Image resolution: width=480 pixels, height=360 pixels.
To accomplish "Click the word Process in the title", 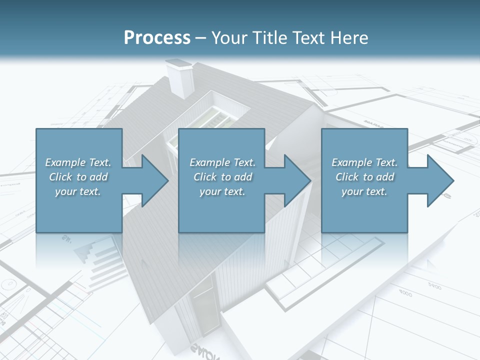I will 157,38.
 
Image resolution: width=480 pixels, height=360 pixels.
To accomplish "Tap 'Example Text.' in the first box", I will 78,162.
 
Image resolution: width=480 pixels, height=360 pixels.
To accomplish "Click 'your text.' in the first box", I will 78,191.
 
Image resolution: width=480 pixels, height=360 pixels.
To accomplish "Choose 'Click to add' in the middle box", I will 222,177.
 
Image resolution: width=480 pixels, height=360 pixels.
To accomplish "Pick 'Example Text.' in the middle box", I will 222,162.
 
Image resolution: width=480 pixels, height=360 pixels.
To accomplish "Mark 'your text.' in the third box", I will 364,191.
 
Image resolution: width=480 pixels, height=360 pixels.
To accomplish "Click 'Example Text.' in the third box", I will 364,162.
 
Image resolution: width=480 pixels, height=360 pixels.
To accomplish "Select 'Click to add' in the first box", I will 78,177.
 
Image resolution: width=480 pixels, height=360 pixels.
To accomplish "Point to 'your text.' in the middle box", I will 222,191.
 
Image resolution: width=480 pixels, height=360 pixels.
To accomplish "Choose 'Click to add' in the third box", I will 364,177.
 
